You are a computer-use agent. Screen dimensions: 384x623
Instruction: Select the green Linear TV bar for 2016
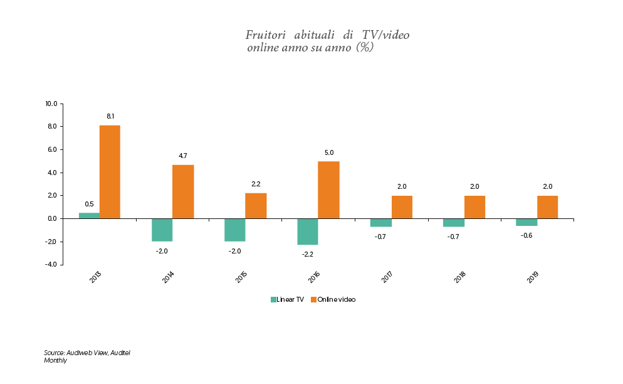[x=308, y=232]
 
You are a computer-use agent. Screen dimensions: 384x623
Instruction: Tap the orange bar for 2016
[x=328, y=190]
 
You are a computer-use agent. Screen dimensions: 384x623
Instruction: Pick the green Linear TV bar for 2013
[x=89, y=216]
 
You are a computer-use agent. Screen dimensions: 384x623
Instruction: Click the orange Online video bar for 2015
[x=256, y=206]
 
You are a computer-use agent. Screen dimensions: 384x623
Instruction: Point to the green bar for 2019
[x=526, y=222]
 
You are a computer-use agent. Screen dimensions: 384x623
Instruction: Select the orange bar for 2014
[x=183, y=191]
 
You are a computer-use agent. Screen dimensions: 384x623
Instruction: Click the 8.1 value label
[x=110, y=117]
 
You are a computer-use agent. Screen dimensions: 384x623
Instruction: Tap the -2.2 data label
[x=308, y=254]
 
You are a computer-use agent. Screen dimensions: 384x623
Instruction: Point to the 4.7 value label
[x=183, y=156]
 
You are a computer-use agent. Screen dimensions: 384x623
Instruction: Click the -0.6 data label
[x=526, y=236]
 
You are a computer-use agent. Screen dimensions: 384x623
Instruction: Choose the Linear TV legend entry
[x=287, y=300]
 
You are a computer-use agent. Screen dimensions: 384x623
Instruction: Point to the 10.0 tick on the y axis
[x=51, y=104]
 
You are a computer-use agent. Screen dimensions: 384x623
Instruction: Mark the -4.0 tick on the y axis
[x=51, y=265]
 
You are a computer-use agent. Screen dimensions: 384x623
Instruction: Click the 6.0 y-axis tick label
[x=52, y=149]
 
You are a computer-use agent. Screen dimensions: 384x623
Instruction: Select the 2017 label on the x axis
[x=386, y=278]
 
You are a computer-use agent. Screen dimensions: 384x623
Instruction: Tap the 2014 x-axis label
[x=168, y=278]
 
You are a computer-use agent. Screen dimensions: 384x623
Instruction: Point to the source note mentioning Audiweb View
[x=86, y=353]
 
